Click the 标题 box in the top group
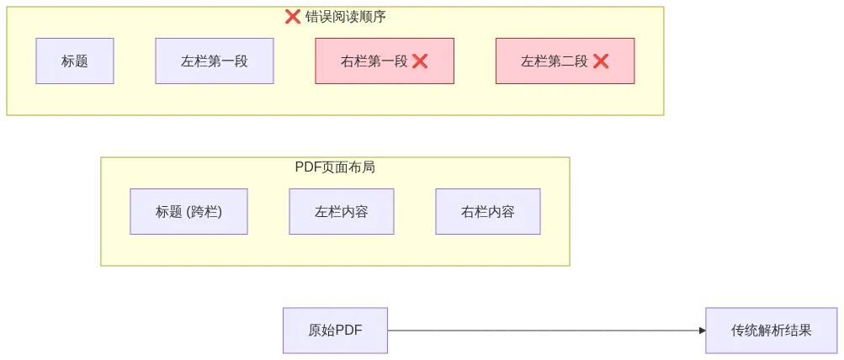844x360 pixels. point(75,61)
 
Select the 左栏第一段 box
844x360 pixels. point(215,61)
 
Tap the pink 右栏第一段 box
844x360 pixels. point(385,61)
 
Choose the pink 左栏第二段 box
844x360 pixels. point(565,61)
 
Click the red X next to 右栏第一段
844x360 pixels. point(420,61)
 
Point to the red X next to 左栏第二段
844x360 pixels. point(601,61)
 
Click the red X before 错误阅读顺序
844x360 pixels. point(293,16)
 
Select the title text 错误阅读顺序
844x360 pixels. point(346,16)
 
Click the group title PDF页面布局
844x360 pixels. point(335,167)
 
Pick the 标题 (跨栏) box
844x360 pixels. point(188,211)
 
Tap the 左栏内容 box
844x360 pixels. point(342,211)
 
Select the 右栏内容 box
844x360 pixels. point(488,211)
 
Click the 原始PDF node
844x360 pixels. point(335,331)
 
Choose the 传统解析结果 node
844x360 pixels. point(772,331)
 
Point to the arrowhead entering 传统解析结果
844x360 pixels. point(699,331)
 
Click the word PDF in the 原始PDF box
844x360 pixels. point(348,331)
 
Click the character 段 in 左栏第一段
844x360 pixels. point(242,61)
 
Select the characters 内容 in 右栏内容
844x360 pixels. point(502,211)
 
